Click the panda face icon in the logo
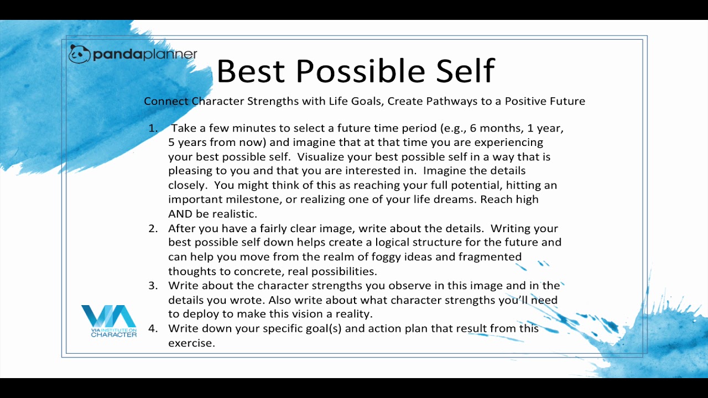point(79,54)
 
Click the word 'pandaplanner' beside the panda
point(145,54)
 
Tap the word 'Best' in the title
point(251,71)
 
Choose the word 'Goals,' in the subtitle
point(368,101)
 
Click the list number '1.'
point(153,128)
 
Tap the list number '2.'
point(153,228)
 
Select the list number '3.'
point(153,286)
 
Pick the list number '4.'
point(153,328)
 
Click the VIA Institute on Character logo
point(109,321)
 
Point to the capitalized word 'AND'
point(180,214)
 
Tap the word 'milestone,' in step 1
point(253,200)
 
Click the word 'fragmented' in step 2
point(490,257)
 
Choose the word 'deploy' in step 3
point(218,315)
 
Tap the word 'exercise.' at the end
point(191,343)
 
